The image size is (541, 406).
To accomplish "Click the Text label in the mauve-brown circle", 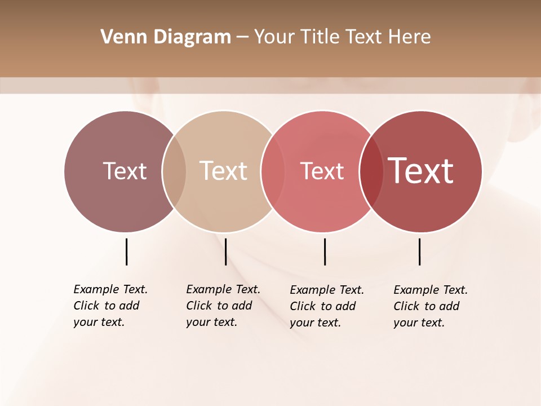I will pos(125,171).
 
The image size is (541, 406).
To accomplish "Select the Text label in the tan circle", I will pos(223,171).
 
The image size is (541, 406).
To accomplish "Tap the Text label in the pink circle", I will pos(322,171).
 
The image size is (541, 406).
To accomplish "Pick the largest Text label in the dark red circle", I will pos(421,171).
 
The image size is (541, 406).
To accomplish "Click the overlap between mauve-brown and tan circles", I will pos(174,171).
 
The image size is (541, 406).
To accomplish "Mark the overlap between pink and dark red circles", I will pos(371,171).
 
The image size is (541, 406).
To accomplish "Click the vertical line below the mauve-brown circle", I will pos(126,251).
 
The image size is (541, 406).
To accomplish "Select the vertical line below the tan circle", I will pos(225,251).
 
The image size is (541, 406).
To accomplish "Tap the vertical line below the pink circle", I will pos(325,251).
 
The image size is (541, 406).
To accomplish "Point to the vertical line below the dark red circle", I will pos(419,251).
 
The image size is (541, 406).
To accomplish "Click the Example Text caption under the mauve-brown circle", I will pos(110,306).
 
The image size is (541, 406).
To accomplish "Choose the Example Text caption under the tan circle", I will pos(223,306).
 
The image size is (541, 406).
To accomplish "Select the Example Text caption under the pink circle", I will pos(326,306).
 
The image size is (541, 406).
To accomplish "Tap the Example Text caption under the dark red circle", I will pos(430,306).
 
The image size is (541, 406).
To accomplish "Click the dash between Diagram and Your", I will pos(242,37).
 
